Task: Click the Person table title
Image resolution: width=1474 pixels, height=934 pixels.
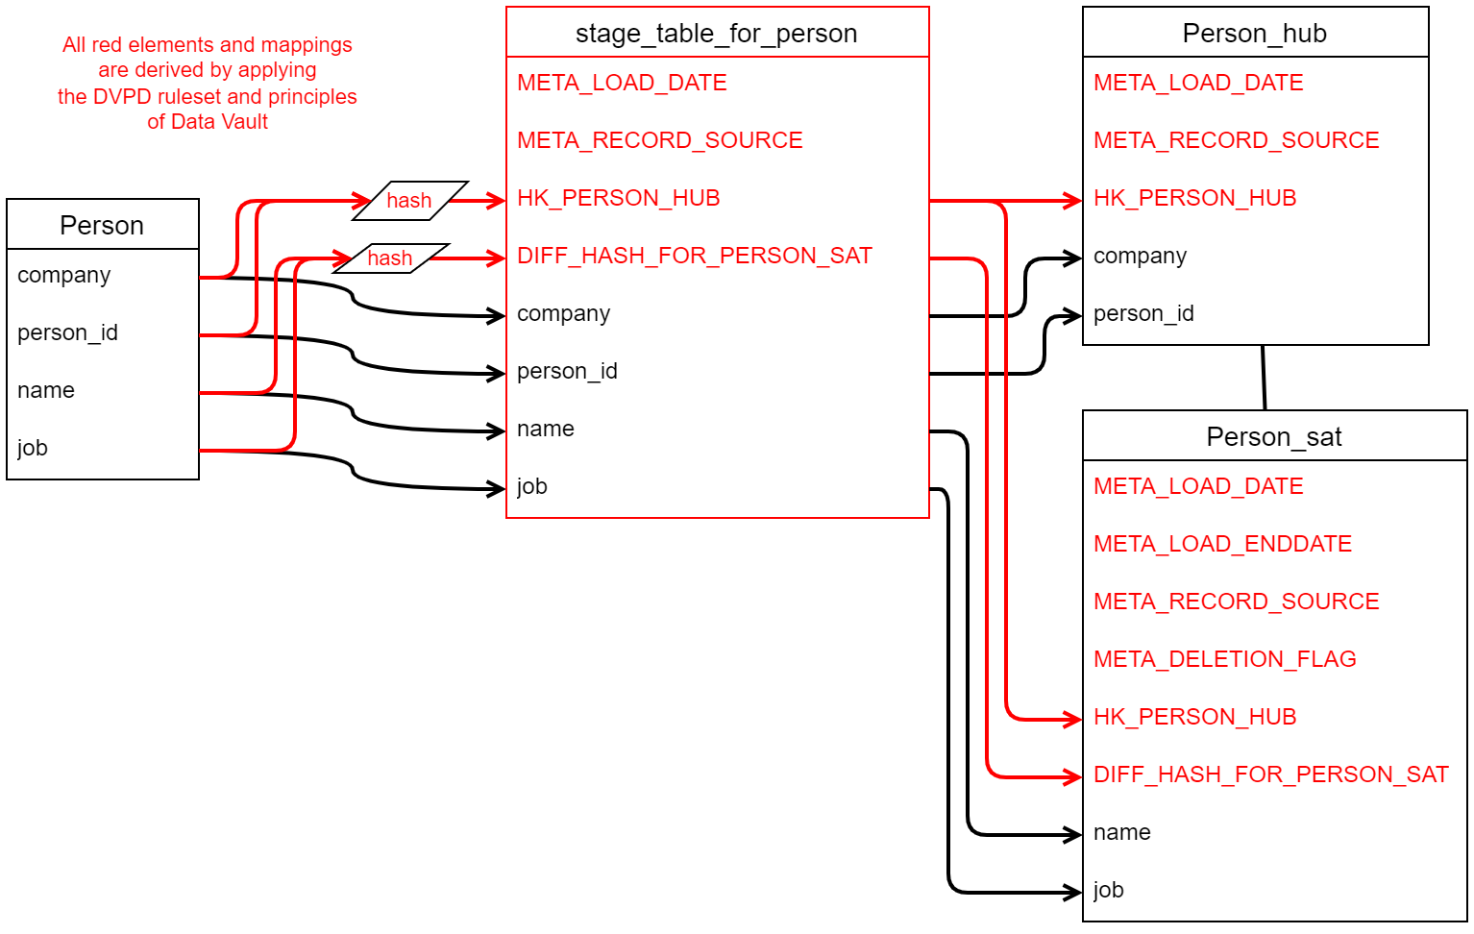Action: [x=102, y=225]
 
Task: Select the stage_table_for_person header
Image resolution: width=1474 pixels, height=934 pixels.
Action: [x=716, y=33]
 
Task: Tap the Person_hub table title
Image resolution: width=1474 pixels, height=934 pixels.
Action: [x=1254, y=33]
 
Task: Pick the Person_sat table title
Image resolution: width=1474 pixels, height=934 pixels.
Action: [x=1273, y=436]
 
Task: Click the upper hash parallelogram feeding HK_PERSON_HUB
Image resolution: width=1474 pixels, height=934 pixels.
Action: [x=410, y=201]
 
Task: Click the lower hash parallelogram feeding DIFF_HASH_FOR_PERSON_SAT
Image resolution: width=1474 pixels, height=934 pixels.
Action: [x=391, y=258]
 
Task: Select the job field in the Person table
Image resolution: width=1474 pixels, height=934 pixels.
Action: [x=33, y=448]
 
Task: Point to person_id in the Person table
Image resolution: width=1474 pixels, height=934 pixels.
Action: [x=67, y=332]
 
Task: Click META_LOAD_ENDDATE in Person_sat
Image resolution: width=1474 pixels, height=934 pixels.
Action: [x=1222, y=544]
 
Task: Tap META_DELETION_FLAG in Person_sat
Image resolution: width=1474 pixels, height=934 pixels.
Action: [x=1224, y=659]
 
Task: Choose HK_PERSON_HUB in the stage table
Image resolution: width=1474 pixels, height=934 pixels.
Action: [x=618, y=198]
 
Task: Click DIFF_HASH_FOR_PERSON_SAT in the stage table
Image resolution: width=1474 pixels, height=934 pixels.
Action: [x=694, y=256]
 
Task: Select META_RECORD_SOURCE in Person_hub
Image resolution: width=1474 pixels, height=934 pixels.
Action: [x=1236, y=140]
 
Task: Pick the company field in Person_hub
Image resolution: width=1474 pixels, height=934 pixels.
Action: [x=1140, y=256]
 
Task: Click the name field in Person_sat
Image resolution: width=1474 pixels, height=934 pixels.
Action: [x=1121, y=832]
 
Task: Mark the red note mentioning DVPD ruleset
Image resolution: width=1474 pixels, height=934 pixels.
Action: [x=208, y=83]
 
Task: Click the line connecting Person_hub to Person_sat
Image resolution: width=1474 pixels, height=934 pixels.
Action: [x=1264, y=378]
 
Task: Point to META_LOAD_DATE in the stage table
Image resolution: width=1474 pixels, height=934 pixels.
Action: [x=622, y=83]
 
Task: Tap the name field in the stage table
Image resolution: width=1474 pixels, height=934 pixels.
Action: [x=545, y=429]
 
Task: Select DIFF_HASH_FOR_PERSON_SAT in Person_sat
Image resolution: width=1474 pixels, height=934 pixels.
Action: [x=1270, y=774]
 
